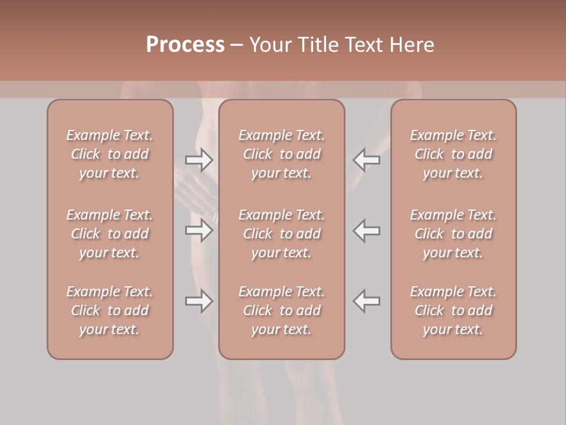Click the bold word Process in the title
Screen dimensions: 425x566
(x=185, y=45)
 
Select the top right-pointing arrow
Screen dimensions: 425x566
(x=199, y=160)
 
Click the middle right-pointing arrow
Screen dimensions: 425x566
(x=199, y=230)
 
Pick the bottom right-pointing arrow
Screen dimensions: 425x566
(x=199, y=301)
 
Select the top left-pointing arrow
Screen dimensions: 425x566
(x=366, y=160)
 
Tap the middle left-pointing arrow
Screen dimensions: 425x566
(x=366, y=230)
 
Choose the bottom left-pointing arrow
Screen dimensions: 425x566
(x=366, y=301)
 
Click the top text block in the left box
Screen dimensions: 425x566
(x=110, y=154)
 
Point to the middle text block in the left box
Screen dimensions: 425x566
(x=110, y=234)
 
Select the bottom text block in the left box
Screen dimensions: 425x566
(x=110, y=310)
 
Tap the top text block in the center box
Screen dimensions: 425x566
(x=281, y=154)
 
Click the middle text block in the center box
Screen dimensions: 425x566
(x=281, y=234)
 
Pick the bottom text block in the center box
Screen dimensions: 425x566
(x=281, y=310)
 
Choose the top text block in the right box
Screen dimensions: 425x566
(x=453, y=154)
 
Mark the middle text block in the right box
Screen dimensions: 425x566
(x=453, y=234)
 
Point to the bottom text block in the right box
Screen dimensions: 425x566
(x=453, y=310)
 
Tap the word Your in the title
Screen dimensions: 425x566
(x=269, y=45)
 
